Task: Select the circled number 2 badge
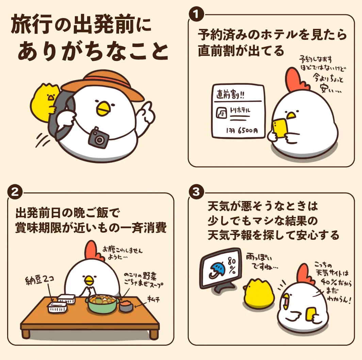coord(15,192)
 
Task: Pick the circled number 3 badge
coord(196,192)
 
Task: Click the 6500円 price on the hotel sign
coord(248,130)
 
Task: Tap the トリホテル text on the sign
coord(240,110)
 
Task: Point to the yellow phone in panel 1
coord(280,128)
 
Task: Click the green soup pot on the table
coord(102,303)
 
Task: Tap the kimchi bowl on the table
coord(126,306)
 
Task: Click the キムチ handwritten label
coord(153,300)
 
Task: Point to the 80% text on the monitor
coord(232,266)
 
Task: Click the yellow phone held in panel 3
coord(311,314)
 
